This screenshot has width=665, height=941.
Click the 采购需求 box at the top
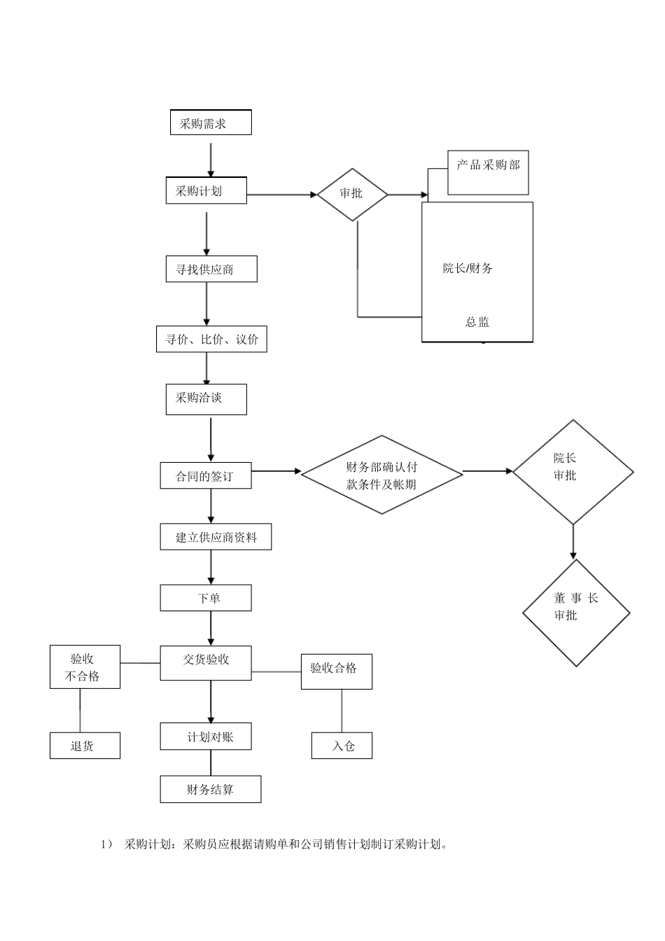point(211,123)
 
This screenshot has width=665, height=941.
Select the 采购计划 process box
point(206,190)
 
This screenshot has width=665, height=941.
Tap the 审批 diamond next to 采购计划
point(352,194)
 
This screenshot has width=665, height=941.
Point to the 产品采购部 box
point(488,173)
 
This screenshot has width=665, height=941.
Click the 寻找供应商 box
point(211,269)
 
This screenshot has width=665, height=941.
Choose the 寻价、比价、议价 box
point(211,340)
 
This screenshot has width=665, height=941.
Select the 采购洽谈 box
point(206,399)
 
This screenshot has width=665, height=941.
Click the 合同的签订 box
point(205,476)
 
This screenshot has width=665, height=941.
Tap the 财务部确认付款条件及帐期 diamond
point(381,475)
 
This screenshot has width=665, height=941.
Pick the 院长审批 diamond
point(573,472)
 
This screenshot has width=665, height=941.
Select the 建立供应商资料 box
point(216,537)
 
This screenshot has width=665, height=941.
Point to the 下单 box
point(205,598)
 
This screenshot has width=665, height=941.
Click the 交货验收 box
point(205,662)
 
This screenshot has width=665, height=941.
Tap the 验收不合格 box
point(85,667)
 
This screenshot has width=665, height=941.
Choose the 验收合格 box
point(336,671)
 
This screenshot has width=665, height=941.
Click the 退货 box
point(85,746)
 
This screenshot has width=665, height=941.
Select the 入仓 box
point(342,746)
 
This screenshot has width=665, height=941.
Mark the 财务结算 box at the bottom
point(210,789)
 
